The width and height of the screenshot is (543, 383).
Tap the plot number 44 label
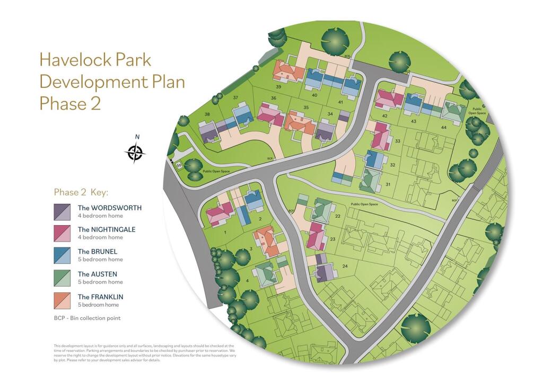[443, 128]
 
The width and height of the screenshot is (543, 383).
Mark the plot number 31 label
[388, 184]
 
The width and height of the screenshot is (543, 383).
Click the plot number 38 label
[207, 114]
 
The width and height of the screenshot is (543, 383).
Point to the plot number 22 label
[338, 217]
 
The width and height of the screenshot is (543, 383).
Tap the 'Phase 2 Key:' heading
[81, 192]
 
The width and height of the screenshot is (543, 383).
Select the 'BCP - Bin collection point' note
[87, 318]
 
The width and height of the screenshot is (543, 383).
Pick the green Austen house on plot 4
[265, 274]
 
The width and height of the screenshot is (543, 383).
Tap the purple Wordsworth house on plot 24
[325, 272]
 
